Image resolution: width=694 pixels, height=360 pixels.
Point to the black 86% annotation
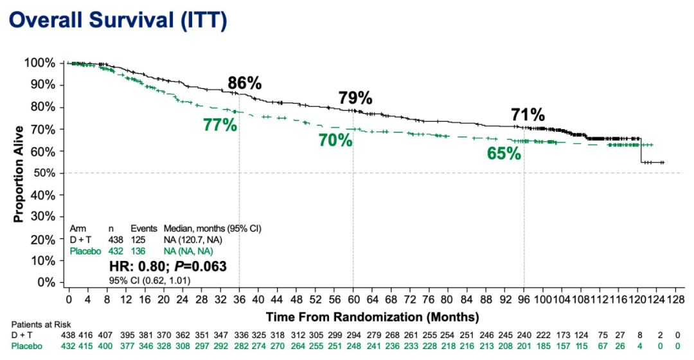(x=245, y=83)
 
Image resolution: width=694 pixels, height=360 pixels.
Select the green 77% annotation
(x=220, y=125)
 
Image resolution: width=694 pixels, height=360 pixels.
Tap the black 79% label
(x=355, y=98)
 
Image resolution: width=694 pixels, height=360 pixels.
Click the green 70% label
(x=335, y=140)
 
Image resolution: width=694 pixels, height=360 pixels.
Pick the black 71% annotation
(x=528, y=115)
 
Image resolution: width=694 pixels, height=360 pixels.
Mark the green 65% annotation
(x=503, y=154)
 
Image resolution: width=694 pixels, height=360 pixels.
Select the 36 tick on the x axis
(x=239, y=300)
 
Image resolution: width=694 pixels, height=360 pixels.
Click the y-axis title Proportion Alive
(x=19, y=174)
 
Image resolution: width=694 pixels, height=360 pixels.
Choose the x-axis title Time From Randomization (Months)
(x=372, y=317)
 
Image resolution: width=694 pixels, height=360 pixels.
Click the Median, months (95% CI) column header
(x=212, y=228)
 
